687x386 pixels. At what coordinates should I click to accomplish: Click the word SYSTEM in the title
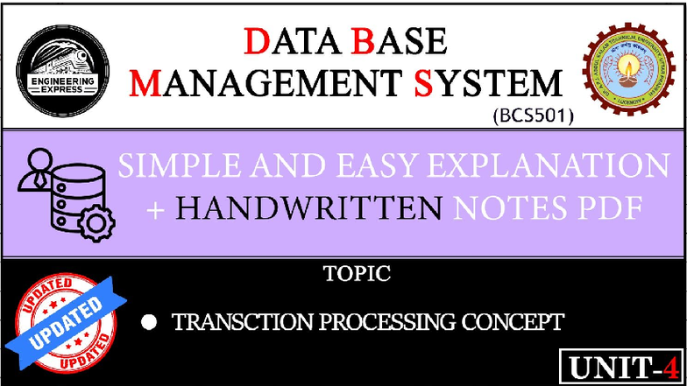coord(487,84)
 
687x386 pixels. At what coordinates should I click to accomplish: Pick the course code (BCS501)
coord(529,114)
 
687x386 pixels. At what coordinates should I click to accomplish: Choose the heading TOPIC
coord(356,274)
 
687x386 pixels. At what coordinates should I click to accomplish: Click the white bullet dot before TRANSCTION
coord(149,323)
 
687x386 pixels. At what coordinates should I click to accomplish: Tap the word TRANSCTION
coord(230,323)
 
